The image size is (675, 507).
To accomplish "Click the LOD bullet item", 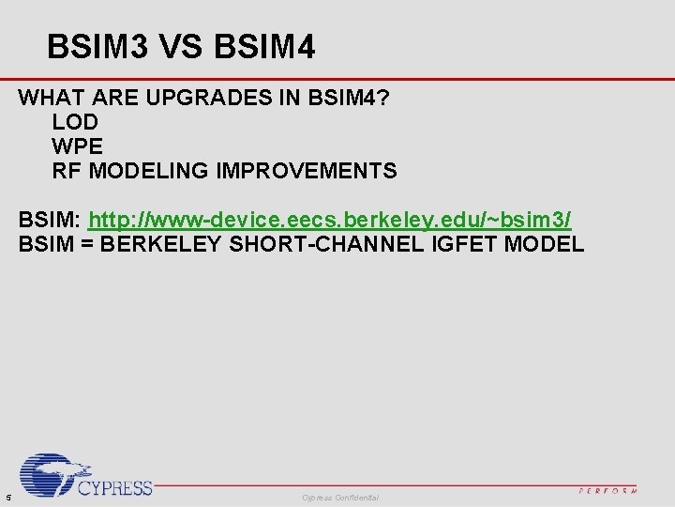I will tap(75, 122).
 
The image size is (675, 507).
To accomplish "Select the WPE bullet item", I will tap(77, 146).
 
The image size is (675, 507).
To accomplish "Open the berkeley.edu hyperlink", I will tap(329, 221).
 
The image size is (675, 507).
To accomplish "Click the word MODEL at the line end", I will tap(544, 246).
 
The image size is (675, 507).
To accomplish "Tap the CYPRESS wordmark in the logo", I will tap(114, 487).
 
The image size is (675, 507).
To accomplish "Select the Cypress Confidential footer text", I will tap(340, 497).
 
